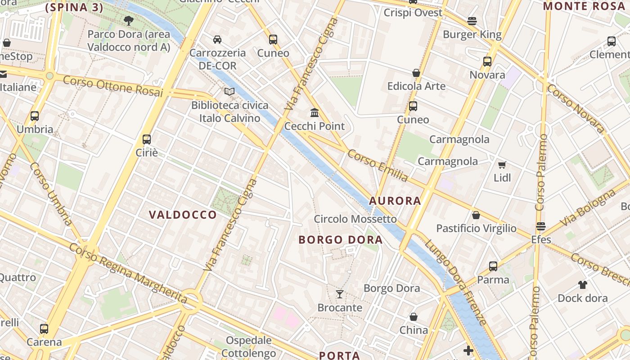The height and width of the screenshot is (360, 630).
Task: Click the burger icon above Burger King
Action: click(x=472, y=21)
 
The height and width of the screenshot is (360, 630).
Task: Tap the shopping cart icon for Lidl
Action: click(x=502, y=165)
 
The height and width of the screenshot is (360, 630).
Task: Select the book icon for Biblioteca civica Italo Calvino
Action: click(x=229, y=92)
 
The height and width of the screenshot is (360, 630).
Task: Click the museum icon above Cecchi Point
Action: click(x=315, y=112)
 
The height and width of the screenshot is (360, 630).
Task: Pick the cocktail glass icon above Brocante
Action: click(x=340, y=294)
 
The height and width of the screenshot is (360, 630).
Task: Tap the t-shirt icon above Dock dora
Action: click(x=583, y=284)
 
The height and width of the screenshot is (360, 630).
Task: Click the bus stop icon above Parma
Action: click(x=493, y=266)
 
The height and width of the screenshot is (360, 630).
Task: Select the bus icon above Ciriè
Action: click(x=147, y=139)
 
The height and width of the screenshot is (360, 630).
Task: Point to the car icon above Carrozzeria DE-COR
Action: click(x=217, y=40)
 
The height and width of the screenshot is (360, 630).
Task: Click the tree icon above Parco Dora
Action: click(x=129, y=20)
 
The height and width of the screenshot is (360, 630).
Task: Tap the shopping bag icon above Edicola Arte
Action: click(x=416, y=73)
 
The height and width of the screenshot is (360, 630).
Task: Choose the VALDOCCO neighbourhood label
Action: click(x=183, y=215)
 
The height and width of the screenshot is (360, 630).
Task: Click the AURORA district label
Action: click(x=395, y=201)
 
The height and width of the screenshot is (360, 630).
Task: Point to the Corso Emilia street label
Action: click(x=378, y=166)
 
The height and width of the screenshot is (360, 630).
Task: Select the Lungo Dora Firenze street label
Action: click(x=455, y=282)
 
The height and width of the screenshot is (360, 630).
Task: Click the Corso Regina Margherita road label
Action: click(x=128, y=273)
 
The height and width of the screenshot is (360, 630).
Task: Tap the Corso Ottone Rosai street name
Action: click(x=112, y=86)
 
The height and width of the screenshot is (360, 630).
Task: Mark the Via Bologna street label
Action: click(x=587, y=208)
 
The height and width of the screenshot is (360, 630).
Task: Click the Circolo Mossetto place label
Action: click(x=355, y=219)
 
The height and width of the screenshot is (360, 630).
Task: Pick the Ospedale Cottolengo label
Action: click(x=248, y=346)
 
